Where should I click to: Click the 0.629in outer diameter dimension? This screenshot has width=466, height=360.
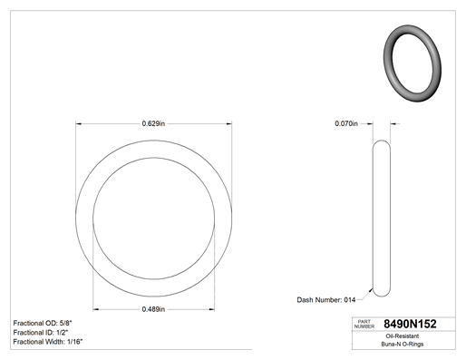coord(153,123)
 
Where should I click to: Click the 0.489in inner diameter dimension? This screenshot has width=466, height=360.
coord(153,309)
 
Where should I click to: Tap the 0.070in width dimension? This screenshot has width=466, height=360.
coord(346,123)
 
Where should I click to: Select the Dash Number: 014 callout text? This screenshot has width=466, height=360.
coord(326,300)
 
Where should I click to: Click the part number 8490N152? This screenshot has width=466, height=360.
coord(410,324)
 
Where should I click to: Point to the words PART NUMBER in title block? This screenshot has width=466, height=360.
coord(364,324)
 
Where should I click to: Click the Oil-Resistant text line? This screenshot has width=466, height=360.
coord(403,336)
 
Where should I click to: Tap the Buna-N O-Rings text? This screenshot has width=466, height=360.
coord(403,344)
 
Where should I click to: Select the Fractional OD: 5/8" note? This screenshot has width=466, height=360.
coord(43,323)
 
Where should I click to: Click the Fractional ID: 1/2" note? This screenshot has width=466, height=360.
coord(41,333)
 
